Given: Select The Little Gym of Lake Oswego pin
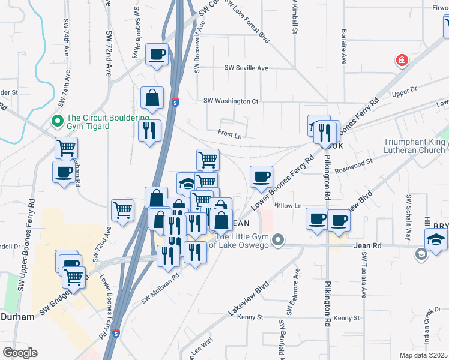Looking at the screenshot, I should [x=277, y=241].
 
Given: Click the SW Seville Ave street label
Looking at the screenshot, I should [x=246, y=68].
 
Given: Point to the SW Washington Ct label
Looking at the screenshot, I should [x=231, y=101].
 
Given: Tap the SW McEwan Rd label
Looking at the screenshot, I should [x=160, y=287].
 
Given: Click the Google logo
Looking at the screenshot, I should [x=19, y=353].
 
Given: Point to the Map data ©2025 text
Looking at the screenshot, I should [x=423, y=355].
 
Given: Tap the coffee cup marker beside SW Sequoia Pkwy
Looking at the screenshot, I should [x=157, y=55].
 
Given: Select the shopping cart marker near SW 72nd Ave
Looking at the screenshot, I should [x=122, y=210].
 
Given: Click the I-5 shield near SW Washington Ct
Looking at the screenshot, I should [x=175, y=103].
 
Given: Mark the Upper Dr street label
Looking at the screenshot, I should [x=404, y=91].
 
